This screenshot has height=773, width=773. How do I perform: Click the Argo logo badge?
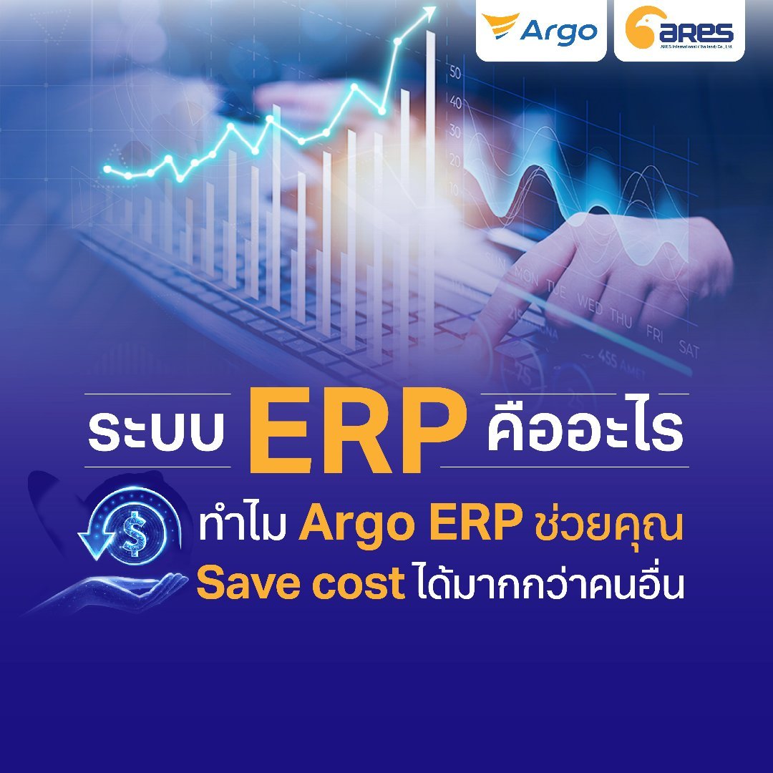(x=540, y=31)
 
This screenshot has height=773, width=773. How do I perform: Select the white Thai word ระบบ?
(x=157, y=430)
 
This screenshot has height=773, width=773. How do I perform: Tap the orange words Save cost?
(x=301, y=584)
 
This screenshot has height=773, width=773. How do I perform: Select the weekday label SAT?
(x=688, y=349)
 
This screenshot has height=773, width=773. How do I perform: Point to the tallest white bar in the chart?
(x=430, y=179)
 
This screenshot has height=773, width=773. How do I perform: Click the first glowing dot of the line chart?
(x=107, y=170)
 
